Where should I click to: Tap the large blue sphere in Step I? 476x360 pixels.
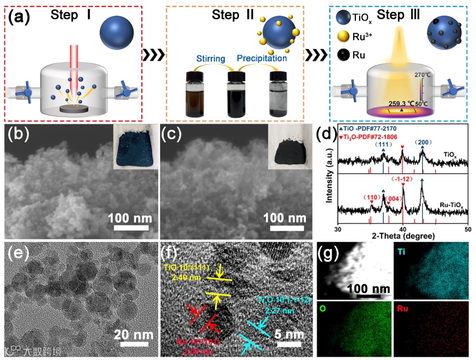point(116,33)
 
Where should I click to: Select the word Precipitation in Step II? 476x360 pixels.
point(262,58)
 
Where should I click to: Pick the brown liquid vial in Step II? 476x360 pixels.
point(195,95)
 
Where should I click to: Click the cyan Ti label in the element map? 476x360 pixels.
point(401,252)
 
